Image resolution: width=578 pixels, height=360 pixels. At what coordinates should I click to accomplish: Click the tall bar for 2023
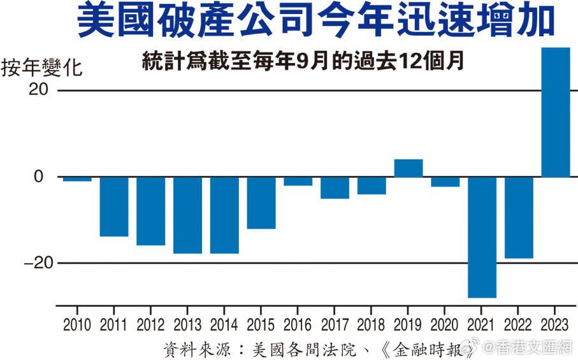point(555,112)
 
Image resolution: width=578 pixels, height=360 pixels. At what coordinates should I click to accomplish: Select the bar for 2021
point(482,237)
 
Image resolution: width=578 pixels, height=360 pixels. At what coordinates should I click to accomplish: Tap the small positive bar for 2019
point(408,168)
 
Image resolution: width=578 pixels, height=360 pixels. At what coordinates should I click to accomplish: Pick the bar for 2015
point(261,203)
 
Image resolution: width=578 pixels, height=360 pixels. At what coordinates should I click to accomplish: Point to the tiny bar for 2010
point(77,179)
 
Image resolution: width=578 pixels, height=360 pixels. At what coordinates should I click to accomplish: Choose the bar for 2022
point(519,217)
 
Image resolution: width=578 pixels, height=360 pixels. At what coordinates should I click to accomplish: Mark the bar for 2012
point(150,211)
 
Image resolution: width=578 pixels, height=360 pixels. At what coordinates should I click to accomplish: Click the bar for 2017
point(335,188)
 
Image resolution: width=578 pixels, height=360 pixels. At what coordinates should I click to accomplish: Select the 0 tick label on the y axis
point(39,176)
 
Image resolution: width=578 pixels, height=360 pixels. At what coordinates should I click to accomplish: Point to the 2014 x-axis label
point(224,325)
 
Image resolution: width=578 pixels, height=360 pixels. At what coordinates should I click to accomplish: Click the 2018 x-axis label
point(372,325)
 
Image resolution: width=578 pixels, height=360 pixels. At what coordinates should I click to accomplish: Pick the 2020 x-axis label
point(445,325)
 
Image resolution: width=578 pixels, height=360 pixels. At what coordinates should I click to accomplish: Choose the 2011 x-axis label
point(114,325)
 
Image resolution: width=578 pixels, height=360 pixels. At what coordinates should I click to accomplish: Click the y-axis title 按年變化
point(41,68)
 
